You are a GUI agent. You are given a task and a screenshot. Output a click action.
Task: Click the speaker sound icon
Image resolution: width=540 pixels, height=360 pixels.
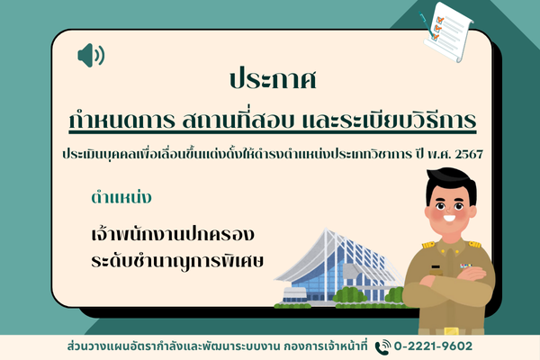[x=91, y=55]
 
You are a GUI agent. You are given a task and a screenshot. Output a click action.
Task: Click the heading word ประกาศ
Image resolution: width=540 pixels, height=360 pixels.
[x=273, y=79]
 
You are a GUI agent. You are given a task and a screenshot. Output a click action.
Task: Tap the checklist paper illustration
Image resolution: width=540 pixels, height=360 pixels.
[x=448, y=31]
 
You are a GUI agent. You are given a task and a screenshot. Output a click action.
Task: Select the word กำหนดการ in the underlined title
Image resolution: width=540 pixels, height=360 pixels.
[x=121, y=120]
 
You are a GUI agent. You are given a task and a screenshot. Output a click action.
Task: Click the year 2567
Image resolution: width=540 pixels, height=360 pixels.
[x=469, y=154]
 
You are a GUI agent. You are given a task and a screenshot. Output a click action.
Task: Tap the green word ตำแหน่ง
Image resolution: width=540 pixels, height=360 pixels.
[x=121, y=198]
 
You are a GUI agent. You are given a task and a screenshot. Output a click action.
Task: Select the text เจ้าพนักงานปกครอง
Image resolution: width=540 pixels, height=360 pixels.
[x=173, y=234]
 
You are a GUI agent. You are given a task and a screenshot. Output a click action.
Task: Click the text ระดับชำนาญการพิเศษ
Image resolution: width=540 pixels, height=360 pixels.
[x=177, y=261]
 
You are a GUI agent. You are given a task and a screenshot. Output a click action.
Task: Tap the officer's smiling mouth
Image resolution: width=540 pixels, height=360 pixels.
[x=449, y=219]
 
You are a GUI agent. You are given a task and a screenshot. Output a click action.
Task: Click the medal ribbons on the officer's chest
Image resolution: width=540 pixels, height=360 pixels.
[x=466, y=266]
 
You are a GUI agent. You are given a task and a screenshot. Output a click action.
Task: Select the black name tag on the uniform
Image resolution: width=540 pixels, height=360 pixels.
[x=436, y=267]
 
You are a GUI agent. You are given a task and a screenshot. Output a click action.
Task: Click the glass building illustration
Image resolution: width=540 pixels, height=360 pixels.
[x=339, y=269]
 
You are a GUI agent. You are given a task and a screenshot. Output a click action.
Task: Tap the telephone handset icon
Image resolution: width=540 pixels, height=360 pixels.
[x=382, y=347]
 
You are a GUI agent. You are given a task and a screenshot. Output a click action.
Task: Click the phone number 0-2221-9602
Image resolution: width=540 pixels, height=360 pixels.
[x=433, y=346]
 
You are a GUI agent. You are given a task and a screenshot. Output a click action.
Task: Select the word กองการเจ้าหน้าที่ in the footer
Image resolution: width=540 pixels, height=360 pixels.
[x=326, y=346]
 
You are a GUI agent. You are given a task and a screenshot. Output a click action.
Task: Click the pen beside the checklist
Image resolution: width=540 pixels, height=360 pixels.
[x=427, y=22]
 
